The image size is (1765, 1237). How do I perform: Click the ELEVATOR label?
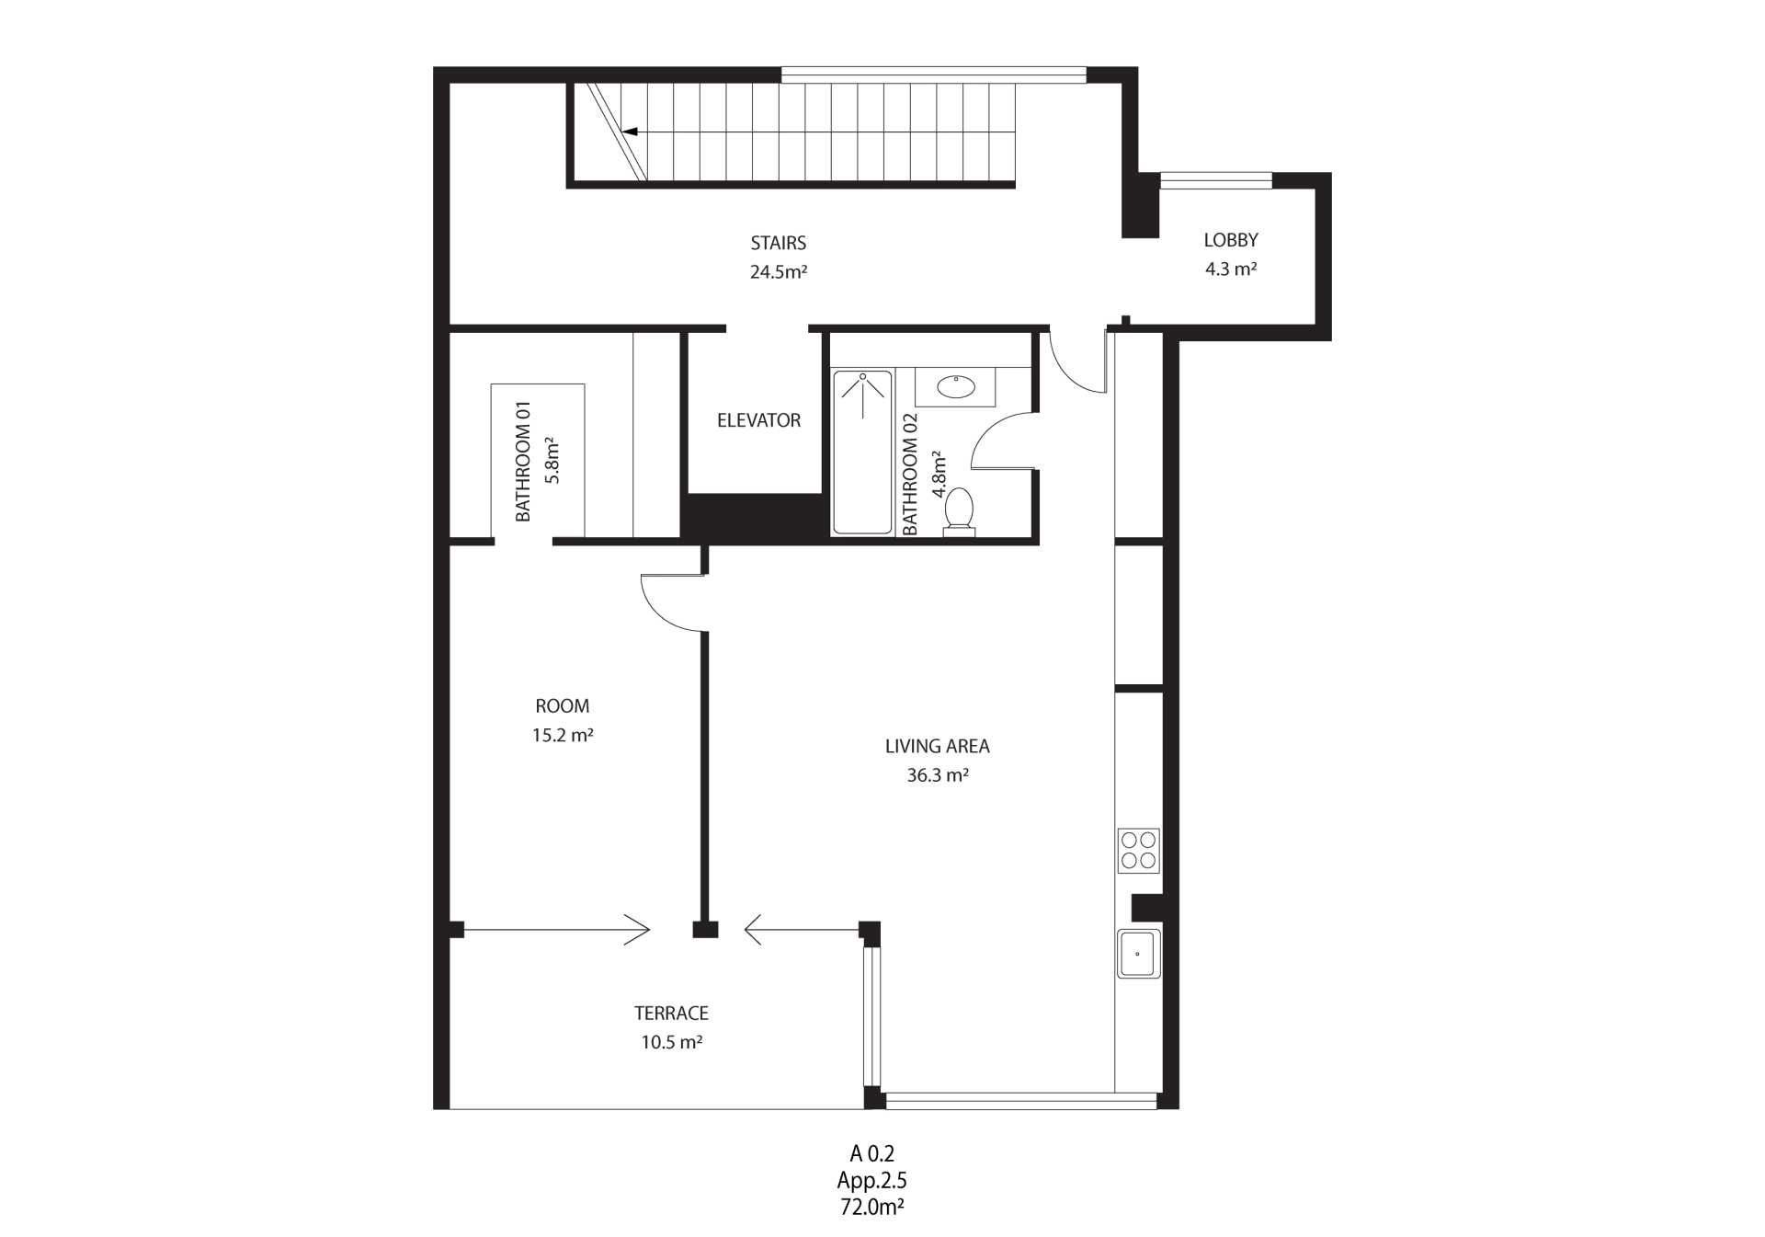758,420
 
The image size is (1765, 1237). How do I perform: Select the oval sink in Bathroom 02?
956,386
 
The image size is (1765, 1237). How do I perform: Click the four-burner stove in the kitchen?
1138,851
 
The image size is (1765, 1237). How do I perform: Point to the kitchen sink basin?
1138,954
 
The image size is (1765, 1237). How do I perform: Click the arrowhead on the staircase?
630,132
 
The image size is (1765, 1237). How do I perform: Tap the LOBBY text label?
1231,240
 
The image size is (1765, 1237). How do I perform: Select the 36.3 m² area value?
938,775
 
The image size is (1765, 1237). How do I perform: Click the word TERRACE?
671,1014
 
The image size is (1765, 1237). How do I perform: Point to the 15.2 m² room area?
563,736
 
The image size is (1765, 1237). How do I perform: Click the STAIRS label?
779,244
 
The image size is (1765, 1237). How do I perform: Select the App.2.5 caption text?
871,1180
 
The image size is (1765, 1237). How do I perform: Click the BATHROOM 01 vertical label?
523,462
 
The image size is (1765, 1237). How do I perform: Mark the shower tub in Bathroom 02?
862,452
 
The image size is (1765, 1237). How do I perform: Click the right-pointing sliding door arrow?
556,930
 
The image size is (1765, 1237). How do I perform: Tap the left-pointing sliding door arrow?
803,930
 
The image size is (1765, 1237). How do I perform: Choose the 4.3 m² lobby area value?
1231,269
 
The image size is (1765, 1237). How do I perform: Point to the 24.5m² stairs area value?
779,272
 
